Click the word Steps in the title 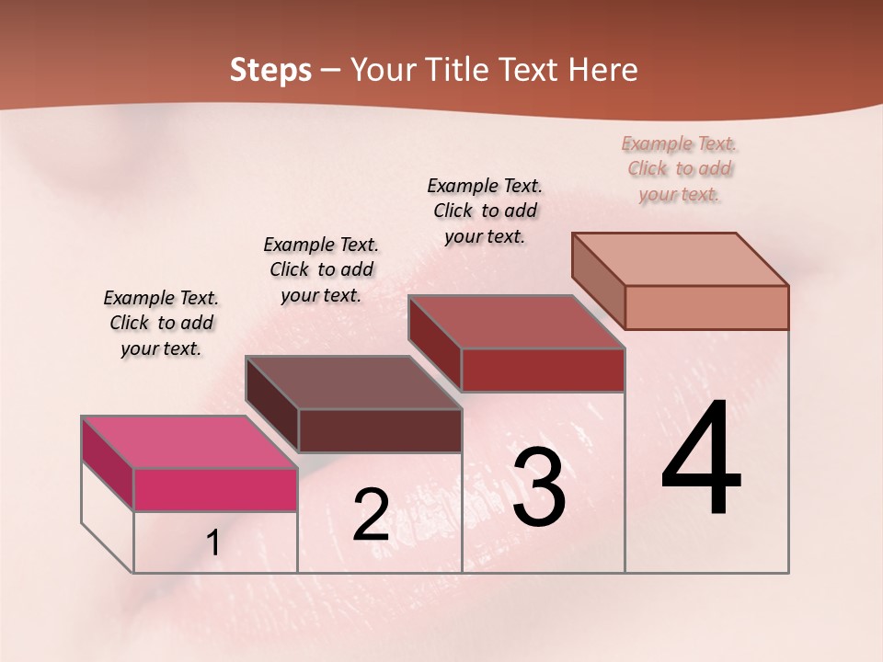pos(269,70)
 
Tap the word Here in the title pos(602,70)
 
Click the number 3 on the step pos(539,487)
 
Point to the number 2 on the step pos(371,515)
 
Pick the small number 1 pos(213,543)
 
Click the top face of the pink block pos(189,442)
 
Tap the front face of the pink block pos(215,489)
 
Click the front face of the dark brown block pos(380,430)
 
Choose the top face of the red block pos(516,322)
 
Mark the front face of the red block pos(543,370)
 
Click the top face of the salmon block pos(680,258)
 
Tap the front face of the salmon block pos(706,307)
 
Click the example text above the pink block pos(161,323)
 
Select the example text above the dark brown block pos(321,269)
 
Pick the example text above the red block pos(485,211)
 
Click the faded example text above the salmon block pos(680,168)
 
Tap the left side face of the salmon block pos(598,280)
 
